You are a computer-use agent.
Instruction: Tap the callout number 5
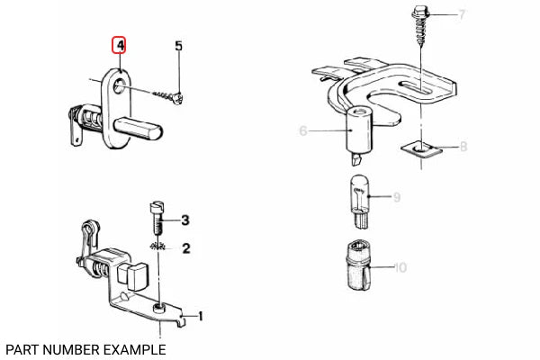coord(178,45)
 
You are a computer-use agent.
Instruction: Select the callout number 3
coord(184,220)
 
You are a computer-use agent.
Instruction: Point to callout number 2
coord(186,247)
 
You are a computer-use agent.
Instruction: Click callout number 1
coord(200,316)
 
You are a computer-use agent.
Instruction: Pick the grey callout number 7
coord(462,14)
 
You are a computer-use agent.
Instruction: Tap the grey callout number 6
coord(303,131)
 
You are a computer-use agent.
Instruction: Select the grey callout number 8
coord(463,146)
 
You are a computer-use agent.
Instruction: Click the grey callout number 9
coord(396,195)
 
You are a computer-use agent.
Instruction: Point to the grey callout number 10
coord(400,267)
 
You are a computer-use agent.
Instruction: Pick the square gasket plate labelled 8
coord(420,147)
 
